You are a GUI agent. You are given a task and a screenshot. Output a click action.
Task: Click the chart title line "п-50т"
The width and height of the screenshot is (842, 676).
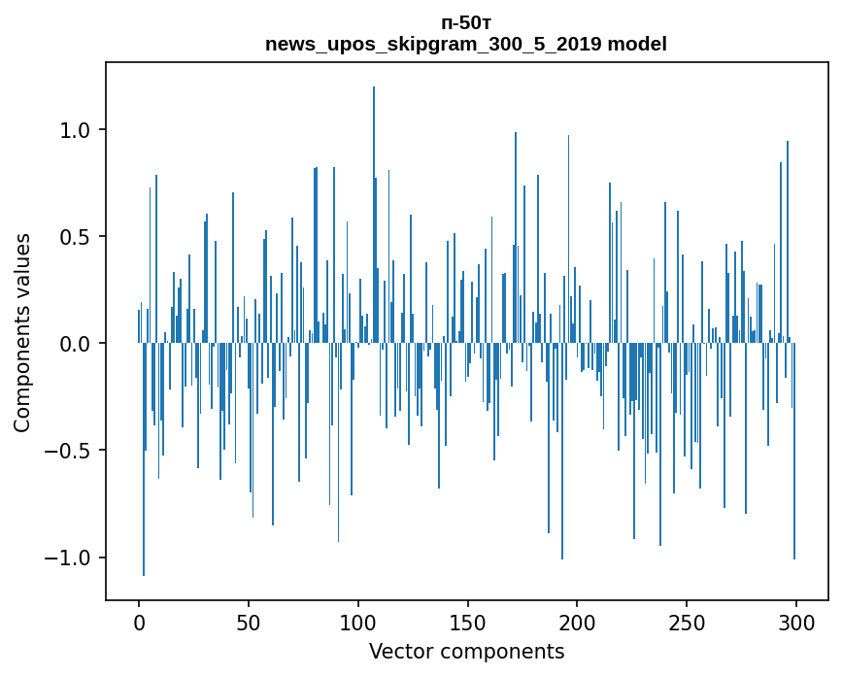click(x=466, y=23)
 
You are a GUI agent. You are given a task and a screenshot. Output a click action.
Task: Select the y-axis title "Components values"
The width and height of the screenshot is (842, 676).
click(x=22, y=332)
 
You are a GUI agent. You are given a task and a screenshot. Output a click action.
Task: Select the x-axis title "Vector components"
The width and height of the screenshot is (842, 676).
click(x=466, y=651)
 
